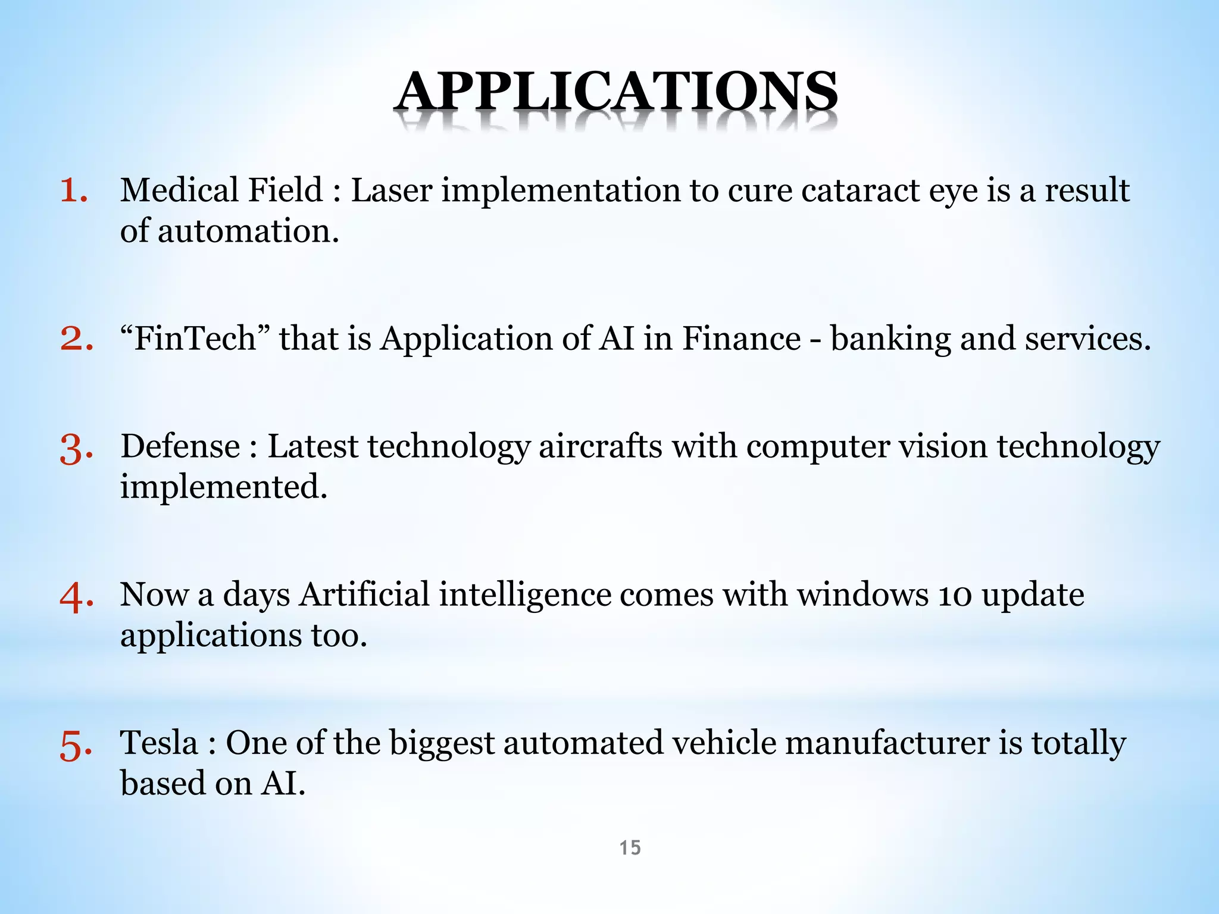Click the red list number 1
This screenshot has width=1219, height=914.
(74, 192)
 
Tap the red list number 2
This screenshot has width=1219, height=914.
(76, 339)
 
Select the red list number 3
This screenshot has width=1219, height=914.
(76, 449)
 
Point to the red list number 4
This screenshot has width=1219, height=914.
(76, 597)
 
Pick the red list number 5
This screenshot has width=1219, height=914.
(76, 745)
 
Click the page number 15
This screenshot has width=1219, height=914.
(630, 847)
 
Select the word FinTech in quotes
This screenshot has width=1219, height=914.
(195, 339)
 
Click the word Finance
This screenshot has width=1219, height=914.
(741, 339)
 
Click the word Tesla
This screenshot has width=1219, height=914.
(159, 743)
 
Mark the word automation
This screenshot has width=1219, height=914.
(248, 231)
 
